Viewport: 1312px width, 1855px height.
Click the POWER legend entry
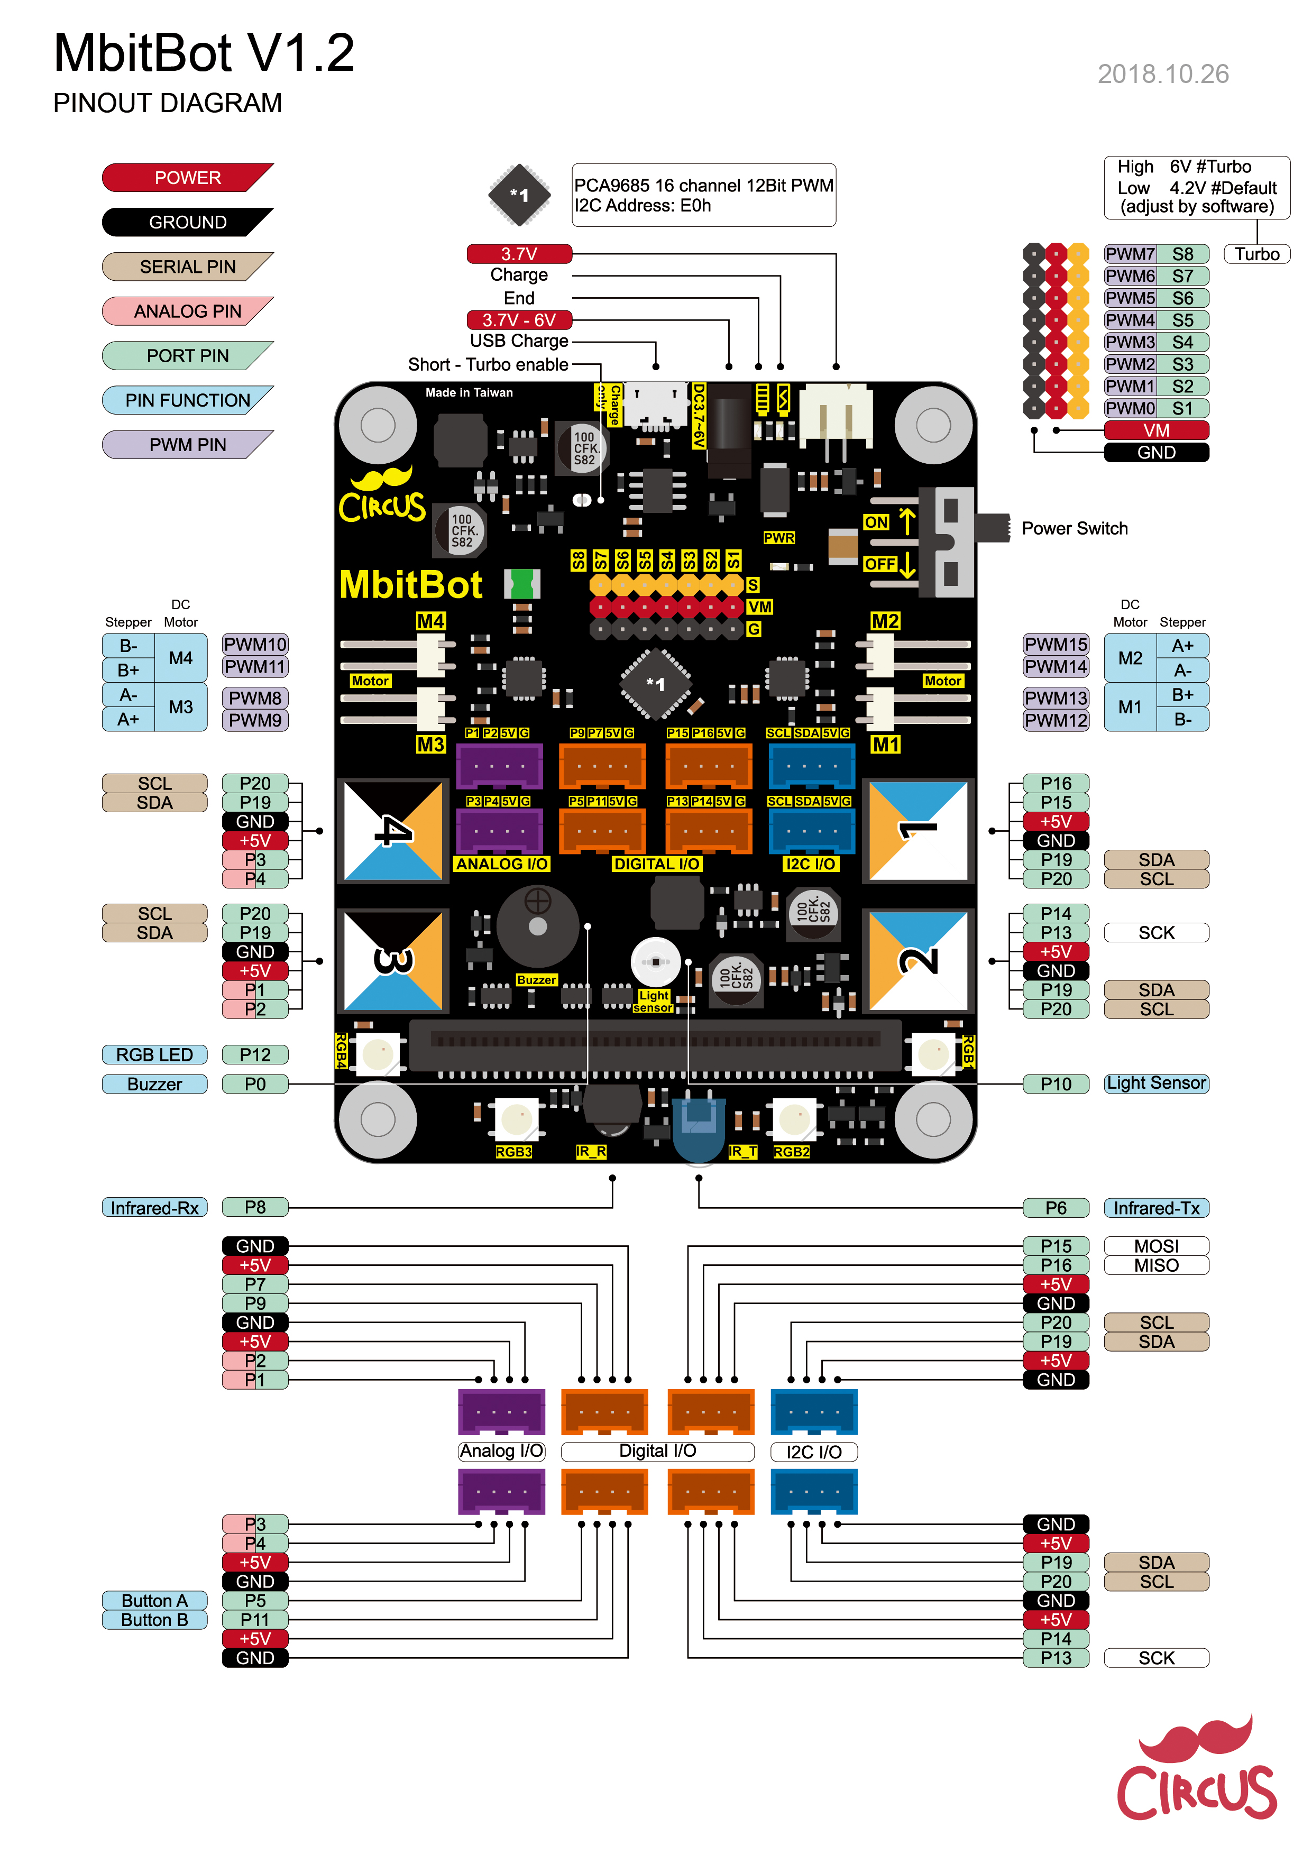pyautogui.click(x=187, y=178)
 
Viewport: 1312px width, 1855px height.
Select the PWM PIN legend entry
pyautogui.click(x=187, y=445)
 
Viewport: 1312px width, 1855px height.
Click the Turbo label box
pyautogui.click(x=1256, y=254)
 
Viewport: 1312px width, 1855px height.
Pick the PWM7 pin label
pyautogui.click(x=1130, y=254)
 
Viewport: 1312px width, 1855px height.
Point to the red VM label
pyautogui.click(x=1155, y=430)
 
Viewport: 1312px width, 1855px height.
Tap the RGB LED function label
pyautogui.click(x=154, y=1055)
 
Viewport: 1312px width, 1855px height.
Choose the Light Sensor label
pyautogui.click(x=1155, y=1083)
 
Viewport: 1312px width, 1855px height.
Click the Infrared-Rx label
pyautogui.click(x=154, y=1208)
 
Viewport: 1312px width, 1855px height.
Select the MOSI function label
pyautogui.click(x=1155, y=1246)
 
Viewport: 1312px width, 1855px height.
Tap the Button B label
pyautogui.click(x=154, y=1620)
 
